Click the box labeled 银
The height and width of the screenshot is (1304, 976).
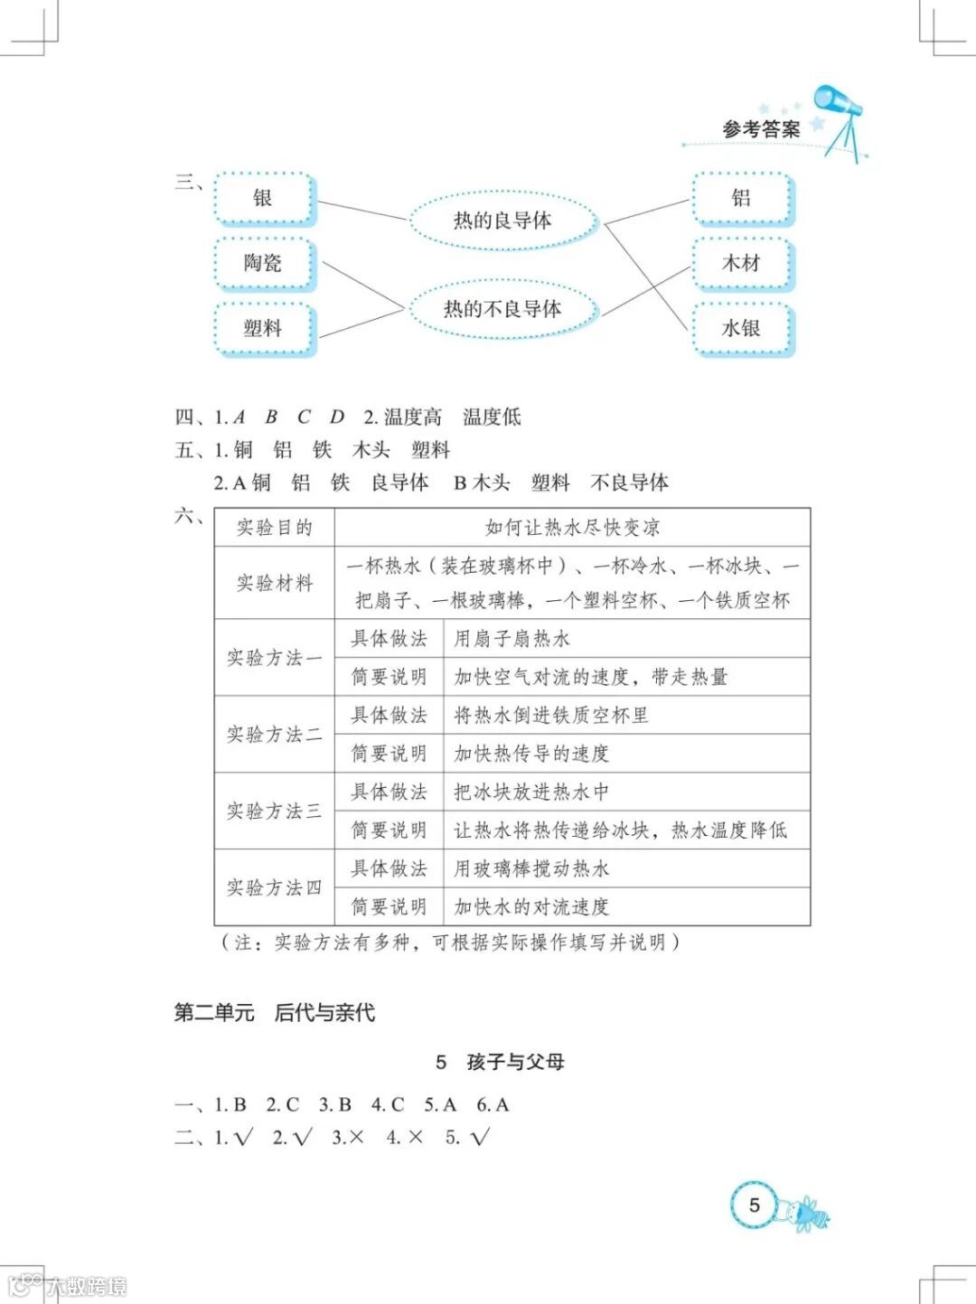263,199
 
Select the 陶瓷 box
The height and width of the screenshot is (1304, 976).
263,263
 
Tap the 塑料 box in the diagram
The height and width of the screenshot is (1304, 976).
263,328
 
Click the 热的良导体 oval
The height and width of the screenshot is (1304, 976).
502,220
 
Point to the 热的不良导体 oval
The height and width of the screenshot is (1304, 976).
502,309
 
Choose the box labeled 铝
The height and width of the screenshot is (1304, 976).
741,199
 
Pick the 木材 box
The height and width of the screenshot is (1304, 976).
741,263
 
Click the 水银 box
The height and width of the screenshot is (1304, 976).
741,328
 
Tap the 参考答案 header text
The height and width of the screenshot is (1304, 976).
761,129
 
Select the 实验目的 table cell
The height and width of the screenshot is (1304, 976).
274,528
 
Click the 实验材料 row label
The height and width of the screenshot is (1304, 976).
274,583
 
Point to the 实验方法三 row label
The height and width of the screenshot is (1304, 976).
274,811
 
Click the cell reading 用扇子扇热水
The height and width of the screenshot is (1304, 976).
511,639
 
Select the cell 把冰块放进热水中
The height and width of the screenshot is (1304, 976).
531,793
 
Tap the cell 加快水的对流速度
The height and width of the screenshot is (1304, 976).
531,906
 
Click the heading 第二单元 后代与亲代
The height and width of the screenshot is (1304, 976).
274,1013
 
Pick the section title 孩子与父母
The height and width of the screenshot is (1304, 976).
515,1062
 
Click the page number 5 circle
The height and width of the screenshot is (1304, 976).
755,1205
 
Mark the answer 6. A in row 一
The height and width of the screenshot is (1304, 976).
493,1104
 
